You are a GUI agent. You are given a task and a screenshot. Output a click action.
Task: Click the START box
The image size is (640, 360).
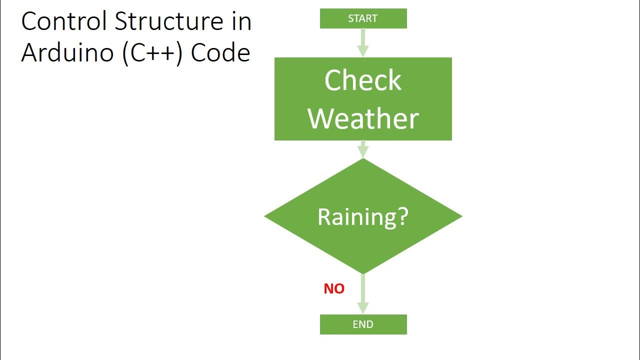pyautogui.click(x=363, y=18)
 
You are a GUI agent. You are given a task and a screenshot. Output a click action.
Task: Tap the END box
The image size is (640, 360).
pyautogui.click(x=363, y=324)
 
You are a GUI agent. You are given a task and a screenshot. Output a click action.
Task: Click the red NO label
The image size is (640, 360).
pyautogui.click(x=334, y=288)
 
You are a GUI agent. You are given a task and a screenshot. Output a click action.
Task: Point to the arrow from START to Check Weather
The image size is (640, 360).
pyautogui.click(x=363, y=42)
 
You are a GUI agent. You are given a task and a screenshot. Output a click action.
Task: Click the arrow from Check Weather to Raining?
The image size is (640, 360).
pyautogui.click(x=363, y=149)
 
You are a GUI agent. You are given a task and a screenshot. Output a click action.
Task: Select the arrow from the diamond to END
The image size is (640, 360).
pyautogui.click(x=363, y=294)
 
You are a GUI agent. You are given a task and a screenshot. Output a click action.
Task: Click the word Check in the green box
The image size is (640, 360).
pyautogui.click(x=363, y=80)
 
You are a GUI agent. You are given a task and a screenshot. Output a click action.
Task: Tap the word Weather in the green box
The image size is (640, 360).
pyautogui.click(x=363, y=118)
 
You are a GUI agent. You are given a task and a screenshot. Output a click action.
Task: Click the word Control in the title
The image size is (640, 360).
pyautogui.click(x=64, y=21)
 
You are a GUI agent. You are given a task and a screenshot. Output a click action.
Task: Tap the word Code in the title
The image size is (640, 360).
pyautogui.click(x=220, y=52)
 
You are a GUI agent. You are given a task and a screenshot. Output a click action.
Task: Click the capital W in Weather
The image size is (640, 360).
pyautogui.click(x=321, y=118)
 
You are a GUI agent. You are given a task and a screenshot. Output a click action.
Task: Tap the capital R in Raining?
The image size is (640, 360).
pyautogui.click(x=324, y=216)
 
